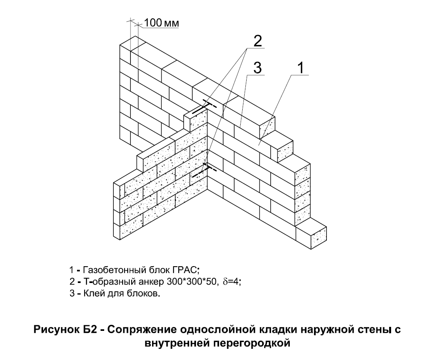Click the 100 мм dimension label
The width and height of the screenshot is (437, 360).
pyautogui.click(x=162, y=23)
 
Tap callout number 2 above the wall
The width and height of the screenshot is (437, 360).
pyautogui.click(x=257, y=41)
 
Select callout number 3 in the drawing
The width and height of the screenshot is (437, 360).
pyautogui.click(x=257, y=68)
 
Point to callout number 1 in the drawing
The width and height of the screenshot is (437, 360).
pyautogui.click(x=301, y=68)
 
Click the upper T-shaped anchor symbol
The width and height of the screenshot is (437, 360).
pyautogui.click(x=204, y=107)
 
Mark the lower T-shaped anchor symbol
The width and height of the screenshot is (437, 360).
pyautogui.click(x=204, y=170)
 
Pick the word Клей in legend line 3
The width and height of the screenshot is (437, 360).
pyautogui.click(x=93, y=294)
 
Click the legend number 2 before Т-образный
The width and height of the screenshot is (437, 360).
pyautogui.click(x=72, y=282)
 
